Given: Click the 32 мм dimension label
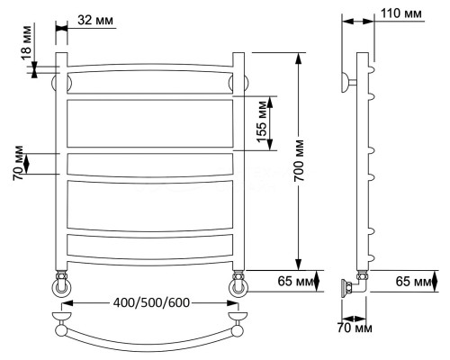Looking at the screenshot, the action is pos(95,21).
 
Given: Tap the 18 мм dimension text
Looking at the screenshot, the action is pos(26,43).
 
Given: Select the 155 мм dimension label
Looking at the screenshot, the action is pos(262,122).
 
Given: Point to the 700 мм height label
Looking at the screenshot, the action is pos(299,160).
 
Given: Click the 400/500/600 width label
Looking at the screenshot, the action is pos(151,302).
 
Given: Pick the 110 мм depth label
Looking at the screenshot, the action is pos(401,13).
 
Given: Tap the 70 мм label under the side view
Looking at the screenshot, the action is pos(355,328).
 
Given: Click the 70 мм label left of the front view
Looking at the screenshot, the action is pos(18,163).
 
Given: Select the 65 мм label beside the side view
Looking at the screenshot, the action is pos(413,282).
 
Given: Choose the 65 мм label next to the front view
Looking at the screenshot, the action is pos(295,282).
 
